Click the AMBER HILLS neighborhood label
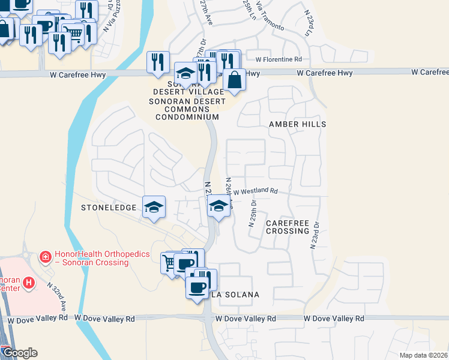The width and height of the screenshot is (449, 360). pyautogui.click(x=297, y=124)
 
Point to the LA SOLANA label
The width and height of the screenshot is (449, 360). pyautogui.click(x=235, y=295)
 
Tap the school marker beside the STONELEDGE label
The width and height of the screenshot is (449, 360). pyautogui.click(x=154, y=208)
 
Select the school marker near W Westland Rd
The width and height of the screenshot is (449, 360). pyautogui.click(x=219, y=207)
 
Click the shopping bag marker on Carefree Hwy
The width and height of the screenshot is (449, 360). pyautogui.click(x=234, y=80)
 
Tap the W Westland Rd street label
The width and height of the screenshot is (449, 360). pyautogui.click(x=255, y=192)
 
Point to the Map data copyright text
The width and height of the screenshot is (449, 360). pyautogui.click(x=423, y=355)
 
